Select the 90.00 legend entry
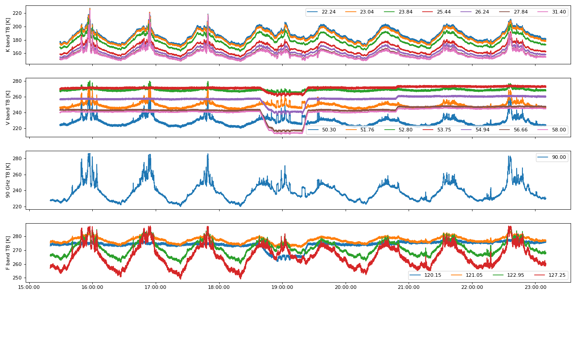[x=558, y=157]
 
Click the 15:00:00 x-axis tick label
[x=29, y=287]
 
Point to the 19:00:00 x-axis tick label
[x=282, y=287]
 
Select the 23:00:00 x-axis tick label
[x=535, y=287]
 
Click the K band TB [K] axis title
[x=8, y=35]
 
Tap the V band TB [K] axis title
[x=8, y=108]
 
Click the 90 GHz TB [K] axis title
[x=8, y=180]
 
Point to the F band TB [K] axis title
[x=8, y=252]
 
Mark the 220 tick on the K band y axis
[x=17, y=13]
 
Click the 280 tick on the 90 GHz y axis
[x=17, y=158]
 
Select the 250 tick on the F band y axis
[x=17, y=278]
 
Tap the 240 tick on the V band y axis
[x=17, y=112]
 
